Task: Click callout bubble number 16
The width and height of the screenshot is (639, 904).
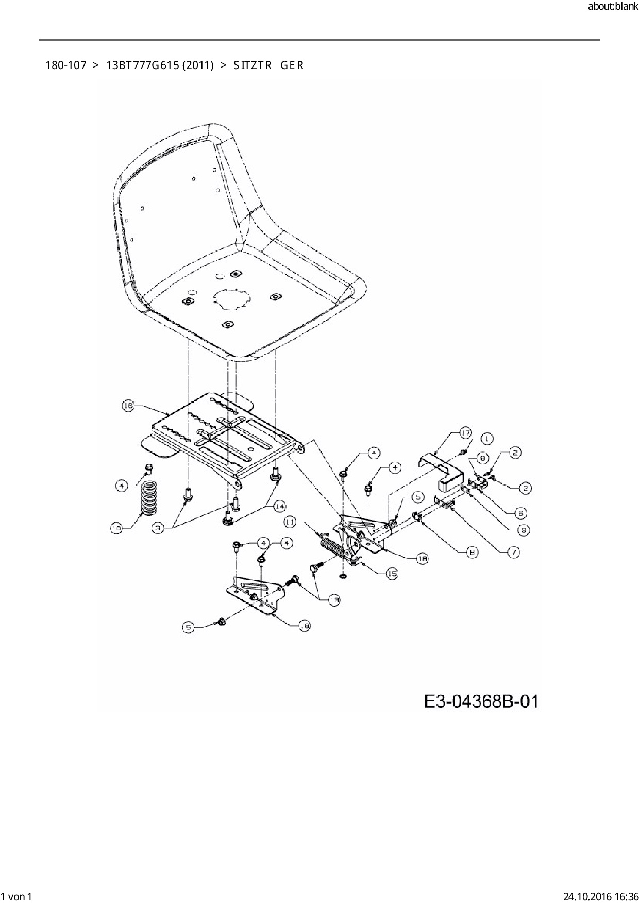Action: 128,406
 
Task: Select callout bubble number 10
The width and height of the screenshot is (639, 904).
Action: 116,528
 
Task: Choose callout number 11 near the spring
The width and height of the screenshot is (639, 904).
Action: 290,522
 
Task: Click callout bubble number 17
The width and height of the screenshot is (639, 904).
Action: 466,433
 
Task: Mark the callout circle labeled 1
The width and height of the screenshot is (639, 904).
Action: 486,439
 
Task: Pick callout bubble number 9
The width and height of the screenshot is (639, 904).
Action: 525,529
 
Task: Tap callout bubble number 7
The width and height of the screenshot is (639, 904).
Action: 513,552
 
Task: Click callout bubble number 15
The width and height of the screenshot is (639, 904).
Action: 392,573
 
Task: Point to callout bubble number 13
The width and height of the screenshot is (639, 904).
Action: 334,600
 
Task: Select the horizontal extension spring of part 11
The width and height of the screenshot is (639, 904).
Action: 330,546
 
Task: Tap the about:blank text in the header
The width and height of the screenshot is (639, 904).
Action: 612,7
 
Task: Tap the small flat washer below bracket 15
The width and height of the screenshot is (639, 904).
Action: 344,574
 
